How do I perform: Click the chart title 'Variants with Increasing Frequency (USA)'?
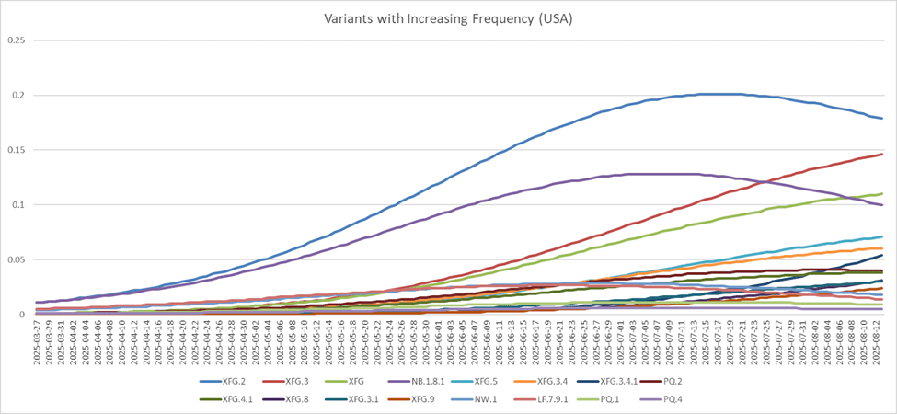click(x=448, y=18)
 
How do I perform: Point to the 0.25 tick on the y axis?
click(x=17, y=40)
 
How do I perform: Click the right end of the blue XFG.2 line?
click(x=882, y=119)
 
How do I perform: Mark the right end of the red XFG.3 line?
click(x=882, y=154)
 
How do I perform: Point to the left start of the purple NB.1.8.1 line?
click(x=36, y=302)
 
